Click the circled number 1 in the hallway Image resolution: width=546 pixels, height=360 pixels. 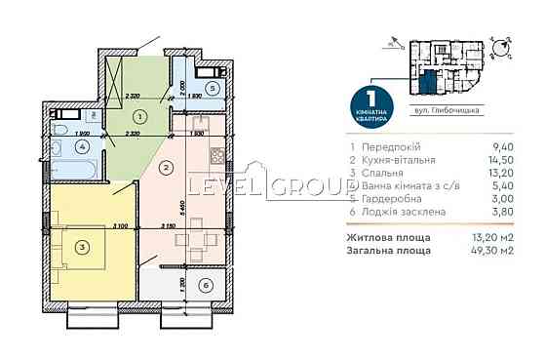click(139, 117)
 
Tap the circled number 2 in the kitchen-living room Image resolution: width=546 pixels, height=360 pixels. click(167, 169)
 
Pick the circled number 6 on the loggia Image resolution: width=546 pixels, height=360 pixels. click(203, 285)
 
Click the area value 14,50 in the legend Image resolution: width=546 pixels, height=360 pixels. click(504, 159)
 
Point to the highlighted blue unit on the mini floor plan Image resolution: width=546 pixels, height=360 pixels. click(429, 77)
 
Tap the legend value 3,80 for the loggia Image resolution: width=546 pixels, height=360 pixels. click(505, 218)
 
